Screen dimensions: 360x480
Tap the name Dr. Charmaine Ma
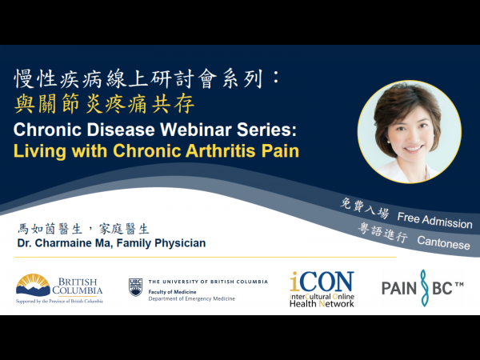coord(68,243)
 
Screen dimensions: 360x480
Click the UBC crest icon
coord(135,286)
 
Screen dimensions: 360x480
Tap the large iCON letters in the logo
coord(322,281)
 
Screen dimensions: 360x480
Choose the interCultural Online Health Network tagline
coord(322,300)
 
